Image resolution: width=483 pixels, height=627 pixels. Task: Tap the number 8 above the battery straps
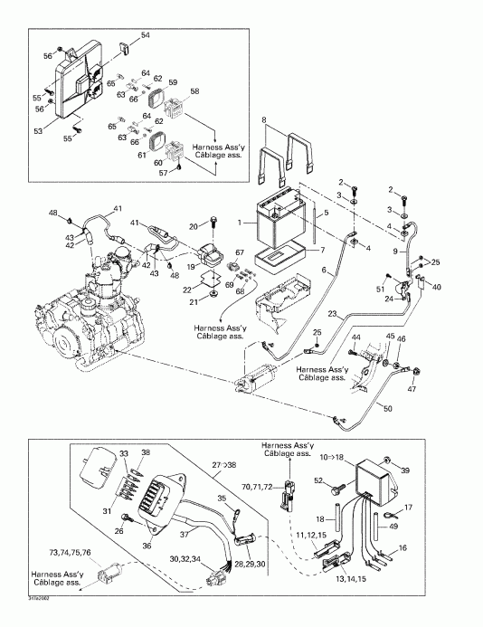click(264, 119)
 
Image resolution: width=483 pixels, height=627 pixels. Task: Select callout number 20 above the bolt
click(194, 226)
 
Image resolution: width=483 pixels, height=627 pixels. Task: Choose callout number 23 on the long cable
click(332, 315)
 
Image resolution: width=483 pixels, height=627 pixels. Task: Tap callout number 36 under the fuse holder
click(148, 545)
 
